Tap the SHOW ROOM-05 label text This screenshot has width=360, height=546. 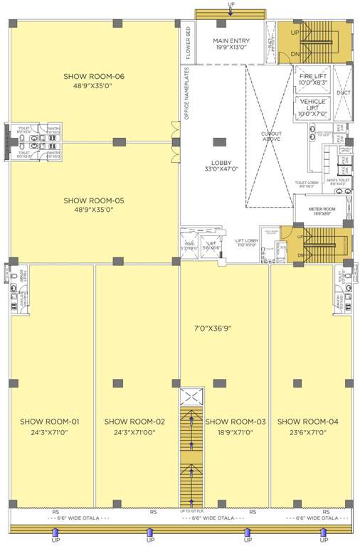click(94, 200)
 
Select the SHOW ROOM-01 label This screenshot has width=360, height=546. click(49, 422)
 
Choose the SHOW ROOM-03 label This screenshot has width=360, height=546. click(235, 422)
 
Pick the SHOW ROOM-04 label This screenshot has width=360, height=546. click(308, 422)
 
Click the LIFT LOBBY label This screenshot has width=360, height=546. click(247, 242)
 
